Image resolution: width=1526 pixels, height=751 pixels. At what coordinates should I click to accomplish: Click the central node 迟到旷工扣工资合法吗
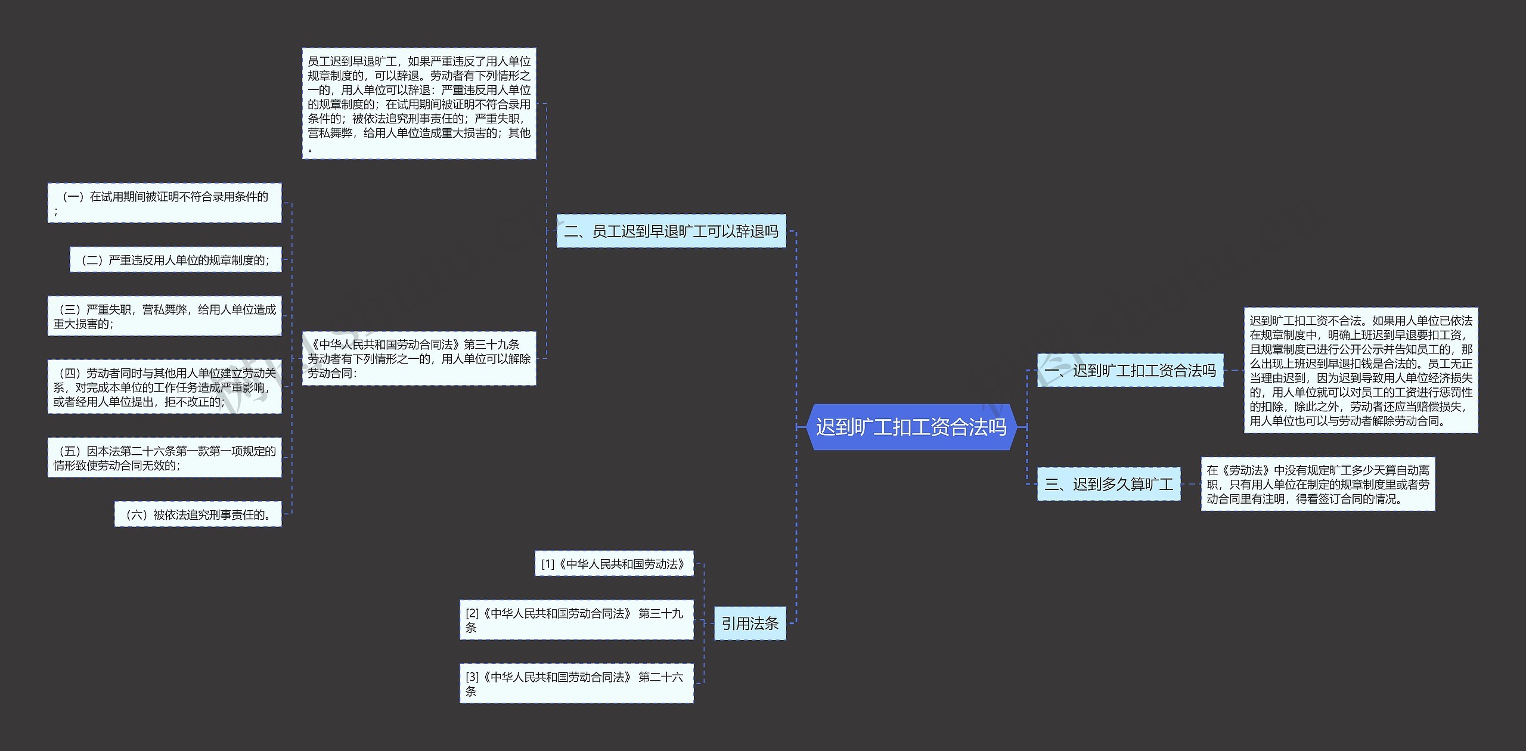pyautogui.click(x=911, y=427)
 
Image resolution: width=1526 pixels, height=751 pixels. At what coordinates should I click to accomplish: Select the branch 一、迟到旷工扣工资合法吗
pyautogui.click(x=1130, y=370)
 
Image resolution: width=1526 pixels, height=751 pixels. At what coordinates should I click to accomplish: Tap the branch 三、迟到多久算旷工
pyautogui.click(x=1108, y=484)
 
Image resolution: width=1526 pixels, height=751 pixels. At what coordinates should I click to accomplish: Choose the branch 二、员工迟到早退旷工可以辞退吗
pyautogui.click(x=671, y=231)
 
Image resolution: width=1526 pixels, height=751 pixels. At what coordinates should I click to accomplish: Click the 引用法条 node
pyautogui.click(x=749, y=623)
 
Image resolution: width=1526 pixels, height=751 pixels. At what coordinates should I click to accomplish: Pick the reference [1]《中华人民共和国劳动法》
pyautogui.click(x=614, y=564)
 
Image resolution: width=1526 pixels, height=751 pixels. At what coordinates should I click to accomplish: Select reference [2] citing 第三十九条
pyautogui.click(x=576, y=620)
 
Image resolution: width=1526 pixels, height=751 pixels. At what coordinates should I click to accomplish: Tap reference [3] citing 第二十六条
pyautogui.click(x=576, y=684)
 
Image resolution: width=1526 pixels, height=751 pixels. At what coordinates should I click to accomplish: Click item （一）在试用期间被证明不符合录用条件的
pyautogui.click(x=165, y=203)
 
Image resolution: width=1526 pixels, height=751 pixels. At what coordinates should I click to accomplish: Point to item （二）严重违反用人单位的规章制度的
pyautogui.click(x=175, y=260)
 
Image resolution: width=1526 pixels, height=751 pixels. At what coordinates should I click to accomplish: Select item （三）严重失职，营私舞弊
pyautogui.click(x=165, y=316)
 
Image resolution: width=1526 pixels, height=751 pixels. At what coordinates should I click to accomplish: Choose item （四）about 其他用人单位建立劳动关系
pyautogui.click(x=165, y=387)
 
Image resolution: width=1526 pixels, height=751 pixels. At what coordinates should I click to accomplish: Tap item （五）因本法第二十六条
pyautogui.click(x=165, y=458)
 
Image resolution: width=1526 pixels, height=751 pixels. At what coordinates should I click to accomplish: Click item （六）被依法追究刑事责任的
pyautogui.click(x=198, y=514)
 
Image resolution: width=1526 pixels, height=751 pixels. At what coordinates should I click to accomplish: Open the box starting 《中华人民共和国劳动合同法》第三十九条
pyautogui.click(x=418, y=358)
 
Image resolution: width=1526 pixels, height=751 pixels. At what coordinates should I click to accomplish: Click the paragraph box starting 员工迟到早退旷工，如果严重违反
pyautogui.click(x=418, y=104)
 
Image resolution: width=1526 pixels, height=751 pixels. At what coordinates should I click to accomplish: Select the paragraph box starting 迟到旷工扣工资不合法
pyautogui.click(x=1360, y=370)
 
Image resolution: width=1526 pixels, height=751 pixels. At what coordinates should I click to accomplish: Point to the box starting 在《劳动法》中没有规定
pyautogui.click(x=1317, y=484)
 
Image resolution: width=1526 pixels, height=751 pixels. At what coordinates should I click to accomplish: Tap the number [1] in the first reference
pyautogui.click(x=548, y=564)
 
